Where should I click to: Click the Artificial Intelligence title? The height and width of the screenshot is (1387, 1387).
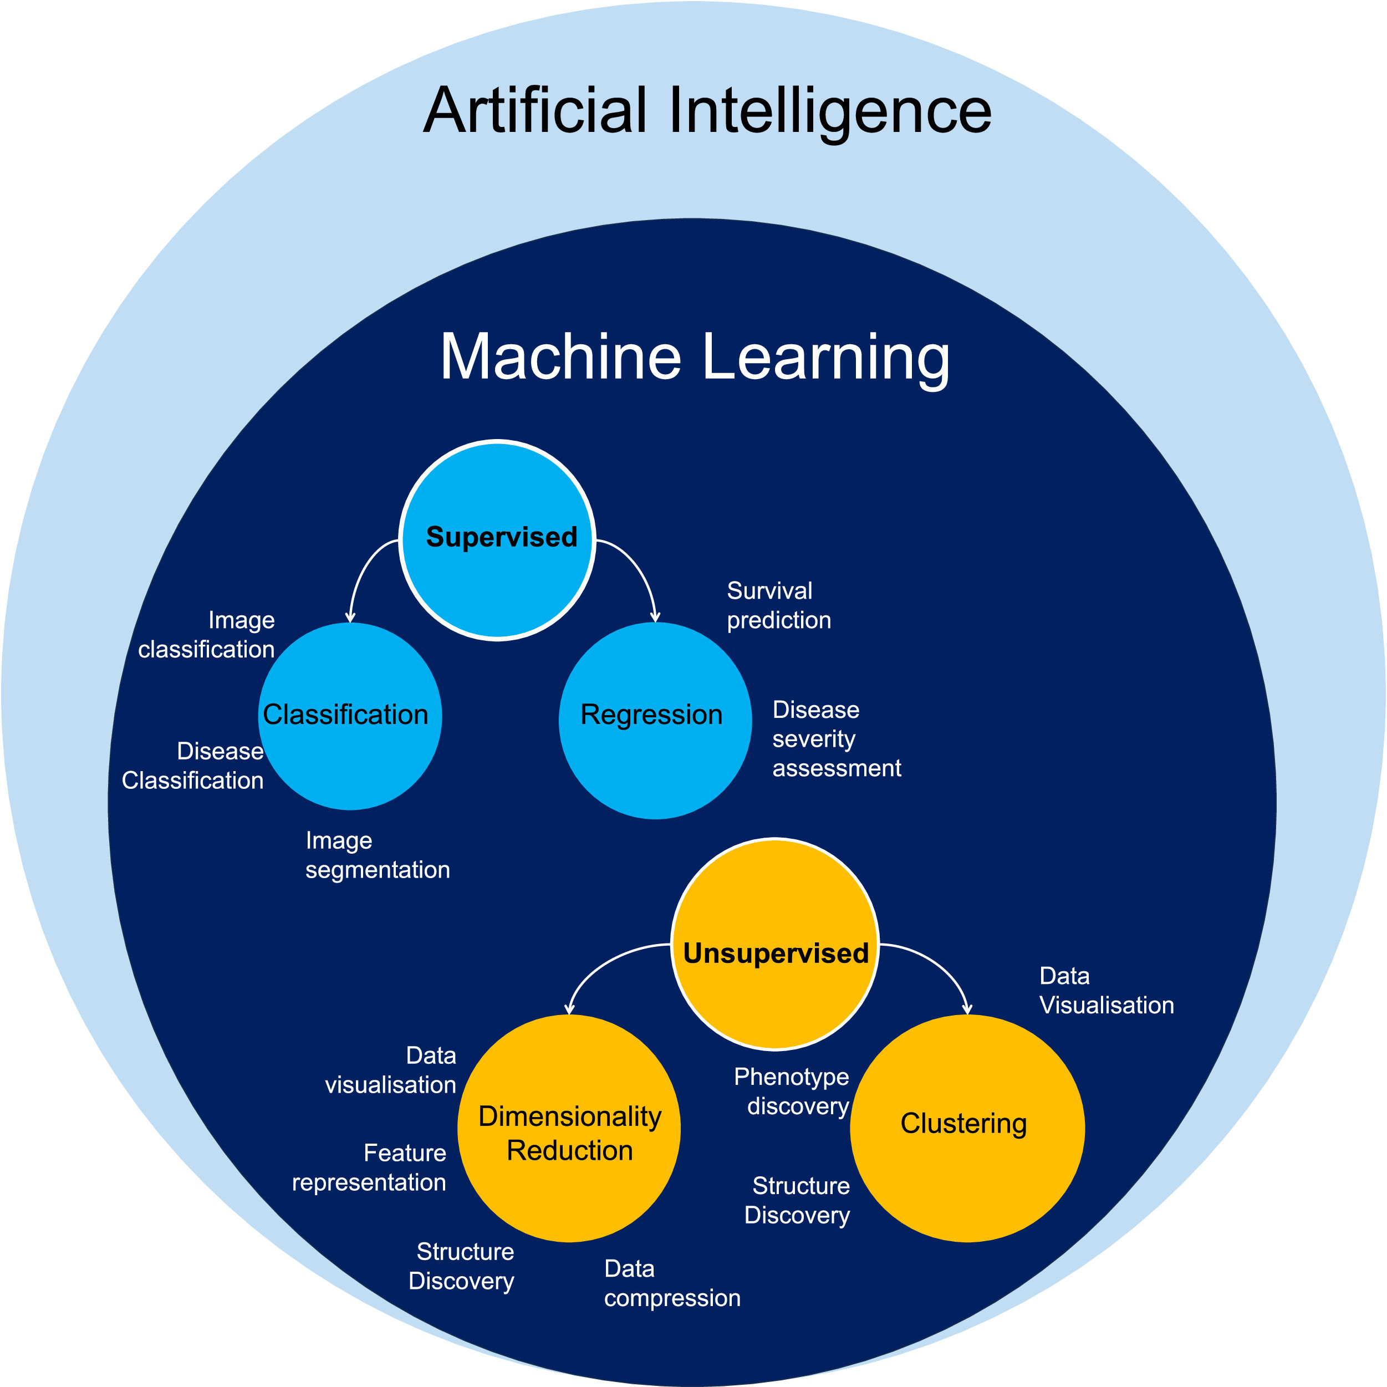(x=707, y=111)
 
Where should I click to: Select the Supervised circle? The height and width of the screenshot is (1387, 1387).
(x=497, y=540)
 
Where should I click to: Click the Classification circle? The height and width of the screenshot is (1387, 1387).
(x=350, y=716)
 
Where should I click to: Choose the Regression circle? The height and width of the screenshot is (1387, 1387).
(x=655, y=720)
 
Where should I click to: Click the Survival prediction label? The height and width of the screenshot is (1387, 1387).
(x=778, y=605)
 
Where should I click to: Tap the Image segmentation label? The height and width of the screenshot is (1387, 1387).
(x=377, y=854)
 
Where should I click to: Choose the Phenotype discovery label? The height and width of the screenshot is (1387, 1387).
(x=793, y=1091)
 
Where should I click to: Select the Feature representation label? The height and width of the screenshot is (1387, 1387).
(x=370, y=1167)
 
